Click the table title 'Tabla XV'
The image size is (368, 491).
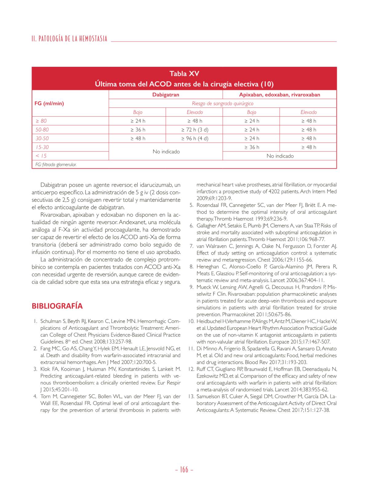click(184, 74)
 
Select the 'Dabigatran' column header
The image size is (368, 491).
click(166, 95)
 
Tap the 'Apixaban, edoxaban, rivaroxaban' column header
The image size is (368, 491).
click(279, 95)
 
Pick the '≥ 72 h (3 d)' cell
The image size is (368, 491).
click(194, 130)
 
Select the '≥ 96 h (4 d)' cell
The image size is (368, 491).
click(194, 139)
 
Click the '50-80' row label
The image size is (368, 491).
click(42, 130)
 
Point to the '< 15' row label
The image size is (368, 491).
click(41, 156)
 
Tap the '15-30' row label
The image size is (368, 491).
click(42, 147)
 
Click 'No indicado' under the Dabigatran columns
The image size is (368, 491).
click(166, 152)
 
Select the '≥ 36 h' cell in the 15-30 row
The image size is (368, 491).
click(251, 147)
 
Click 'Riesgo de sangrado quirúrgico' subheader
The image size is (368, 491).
click(222, 104)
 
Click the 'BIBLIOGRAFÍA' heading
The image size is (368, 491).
click(57, 306)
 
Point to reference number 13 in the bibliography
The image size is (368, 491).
click(191, 396)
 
